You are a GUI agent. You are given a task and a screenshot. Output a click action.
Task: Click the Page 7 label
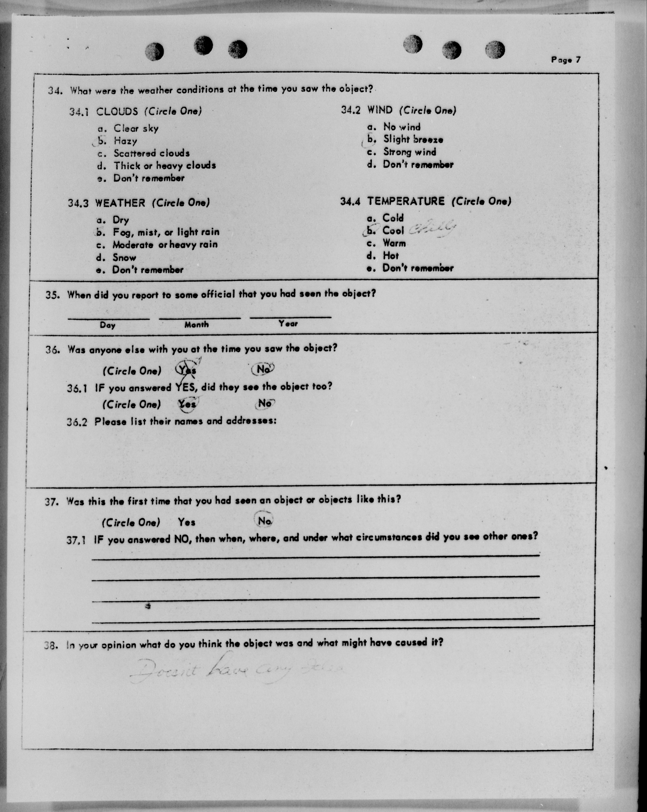[566, 59]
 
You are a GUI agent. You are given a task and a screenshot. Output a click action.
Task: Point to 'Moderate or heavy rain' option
[165, 245]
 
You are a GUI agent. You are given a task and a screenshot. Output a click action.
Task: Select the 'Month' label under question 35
[196, 324]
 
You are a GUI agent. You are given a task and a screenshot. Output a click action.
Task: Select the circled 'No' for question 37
[264, 521]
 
